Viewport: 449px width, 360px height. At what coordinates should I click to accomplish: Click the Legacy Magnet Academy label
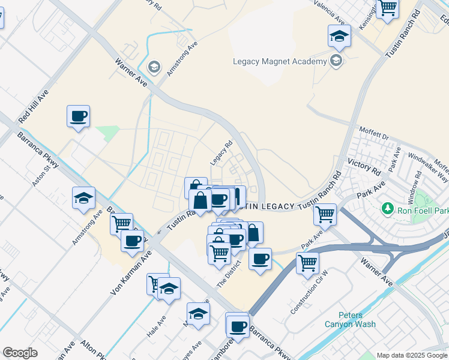click(x=279, y=61)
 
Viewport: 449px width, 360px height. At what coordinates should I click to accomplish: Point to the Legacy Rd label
click(x=221, y=154)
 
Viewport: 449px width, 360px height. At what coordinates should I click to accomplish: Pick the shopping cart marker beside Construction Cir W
click(x=307, y=262)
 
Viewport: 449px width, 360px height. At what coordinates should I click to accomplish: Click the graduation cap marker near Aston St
click(x=84, y=197)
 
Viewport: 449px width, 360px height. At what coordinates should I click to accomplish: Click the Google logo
click(x=20, y=353)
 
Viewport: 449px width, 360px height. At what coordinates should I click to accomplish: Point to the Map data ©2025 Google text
click(x=412, y=355)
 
